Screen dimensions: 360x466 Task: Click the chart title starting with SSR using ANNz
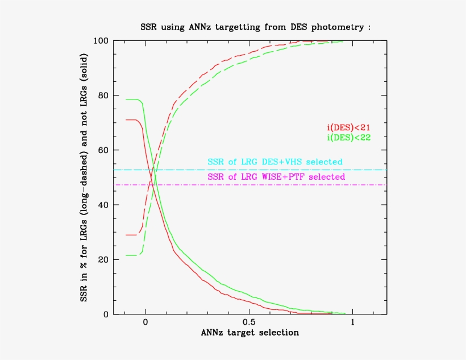coord(255,27)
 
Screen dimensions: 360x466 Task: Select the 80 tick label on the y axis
coord(103,96)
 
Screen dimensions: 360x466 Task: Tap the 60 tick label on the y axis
coord(103,150)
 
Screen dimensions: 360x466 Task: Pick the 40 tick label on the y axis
coord(103,205)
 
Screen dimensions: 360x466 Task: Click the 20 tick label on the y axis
coord(103,259)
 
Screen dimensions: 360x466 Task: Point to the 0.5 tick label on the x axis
coord(249,322)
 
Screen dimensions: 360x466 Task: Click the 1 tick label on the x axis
coord(353,322)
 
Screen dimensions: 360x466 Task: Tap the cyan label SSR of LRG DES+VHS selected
coord(275,162)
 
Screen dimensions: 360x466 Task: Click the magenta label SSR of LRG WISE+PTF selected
coord(276,177)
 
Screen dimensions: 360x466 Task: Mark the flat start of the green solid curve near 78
coord(132,100)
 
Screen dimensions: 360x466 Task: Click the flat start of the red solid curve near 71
coord(132,120)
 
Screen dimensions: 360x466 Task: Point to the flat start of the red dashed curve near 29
coord(132,235)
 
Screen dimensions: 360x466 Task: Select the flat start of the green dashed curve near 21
coord(132,255)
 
